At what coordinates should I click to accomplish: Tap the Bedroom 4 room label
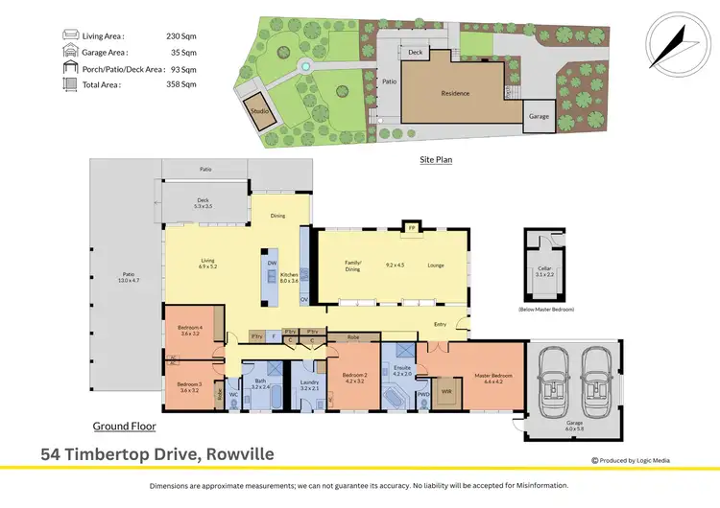pos(188,331)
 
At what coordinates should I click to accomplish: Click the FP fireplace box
pos(410,228)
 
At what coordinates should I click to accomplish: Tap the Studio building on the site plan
pos(259,110)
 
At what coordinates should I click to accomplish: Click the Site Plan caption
pos(436,159)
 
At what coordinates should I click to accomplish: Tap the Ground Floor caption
pos(124,426)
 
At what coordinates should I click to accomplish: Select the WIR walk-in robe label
pos(445,390)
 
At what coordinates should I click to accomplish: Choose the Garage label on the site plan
pos(539,116)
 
